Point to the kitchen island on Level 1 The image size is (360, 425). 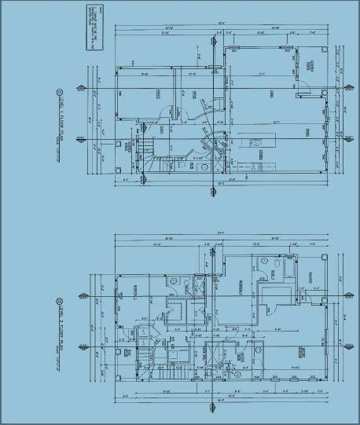click(x=254, y=142)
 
